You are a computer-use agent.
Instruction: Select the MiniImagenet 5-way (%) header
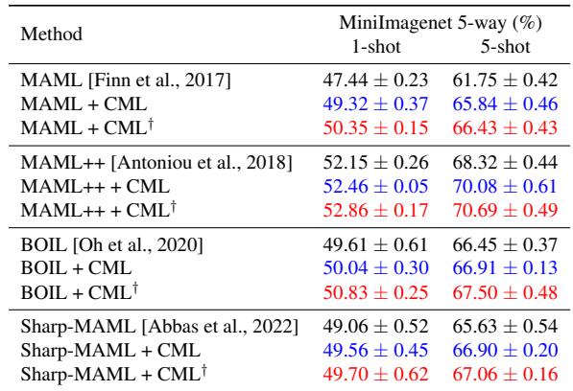pos(435,22)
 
